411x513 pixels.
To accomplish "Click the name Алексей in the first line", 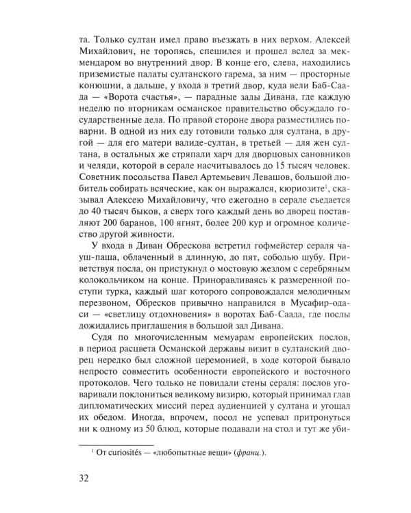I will [313, 39].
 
